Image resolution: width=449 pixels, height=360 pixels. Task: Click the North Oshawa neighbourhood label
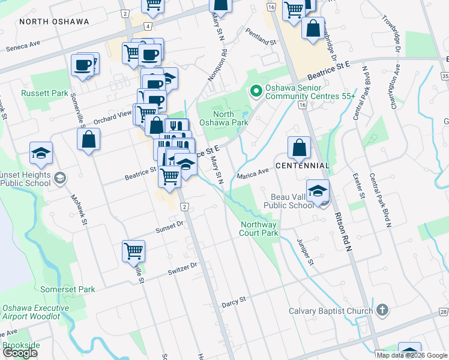54,22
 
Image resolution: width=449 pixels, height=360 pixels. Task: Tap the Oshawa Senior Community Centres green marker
256,91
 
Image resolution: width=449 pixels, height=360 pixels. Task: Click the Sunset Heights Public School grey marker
59,178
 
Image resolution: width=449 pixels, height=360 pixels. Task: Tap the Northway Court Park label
260,229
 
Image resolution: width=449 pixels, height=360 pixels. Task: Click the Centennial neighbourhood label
303,165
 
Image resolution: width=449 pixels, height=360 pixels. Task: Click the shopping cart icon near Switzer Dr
133,251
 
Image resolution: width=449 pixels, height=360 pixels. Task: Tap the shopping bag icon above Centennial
299,148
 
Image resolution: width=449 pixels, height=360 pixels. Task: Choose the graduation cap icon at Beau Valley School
318,191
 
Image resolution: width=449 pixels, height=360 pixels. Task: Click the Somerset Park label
68,289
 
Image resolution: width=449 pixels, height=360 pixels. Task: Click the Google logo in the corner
20,353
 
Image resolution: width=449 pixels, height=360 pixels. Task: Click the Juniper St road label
305,251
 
